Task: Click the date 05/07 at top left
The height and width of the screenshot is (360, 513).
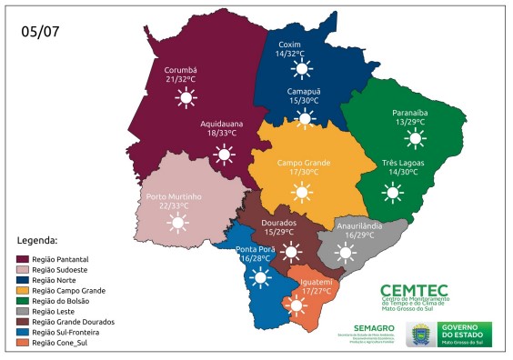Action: point(39,31)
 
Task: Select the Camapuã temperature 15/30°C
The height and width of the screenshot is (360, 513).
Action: point(305,100)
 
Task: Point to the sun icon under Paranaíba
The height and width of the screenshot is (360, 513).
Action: point(416,137)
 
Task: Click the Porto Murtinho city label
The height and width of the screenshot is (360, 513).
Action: point(173,195)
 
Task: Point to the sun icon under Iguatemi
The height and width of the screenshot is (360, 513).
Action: point(297,306)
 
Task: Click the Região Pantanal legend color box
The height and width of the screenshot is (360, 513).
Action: point(23,259)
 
